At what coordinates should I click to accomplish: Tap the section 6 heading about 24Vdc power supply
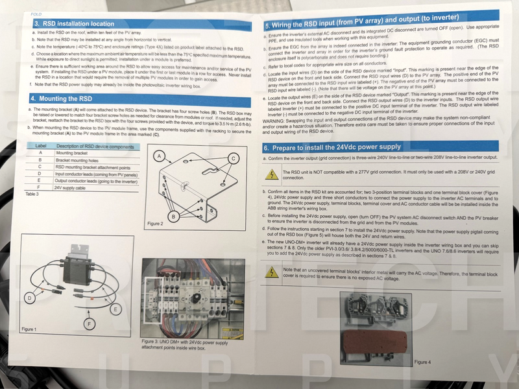pyautogui.click(x=337, y=147)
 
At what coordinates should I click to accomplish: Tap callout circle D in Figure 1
pyautogui.click(x=29, y=298)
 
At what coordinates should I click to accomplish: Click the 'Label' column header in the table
pyautogui.click(x=40, y=146)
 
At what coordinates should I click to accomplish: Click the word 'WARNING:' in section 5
pyautogui.click(x=276, y=121)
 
